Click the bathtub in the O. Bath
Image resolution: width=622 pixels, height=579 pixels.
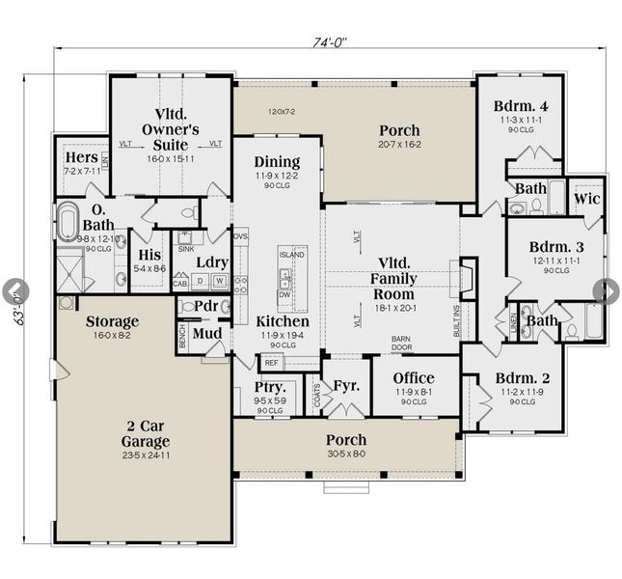pyautogui.click(x=68, y=223)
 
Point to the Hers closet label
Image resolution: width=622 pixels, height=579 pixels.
pyautogui.click(x=80, y=157)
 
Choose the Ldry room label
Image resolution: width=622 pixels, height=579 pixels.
pyautogui.click(x=211, y=262)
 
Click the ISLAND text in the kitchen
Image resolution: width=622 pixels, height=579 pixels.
pyautogui.click(x=292, y=254)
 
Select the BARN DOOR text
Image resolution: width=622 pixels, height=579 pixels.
pyautogui.click(x=402, y=344)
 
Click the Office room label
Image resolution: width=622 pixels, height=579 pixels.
pyautogui.click(x=413, y=377)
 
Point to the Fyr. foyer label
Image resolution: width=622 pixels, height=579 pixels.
pyautogui.click(x=346, y=386)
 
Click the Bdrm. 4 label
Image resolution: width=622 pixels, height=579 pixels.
pyautogui.click(x=523, y=106)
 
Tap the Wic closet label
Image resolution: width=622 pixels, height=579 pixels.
pyautogui.click(x=587, y=198)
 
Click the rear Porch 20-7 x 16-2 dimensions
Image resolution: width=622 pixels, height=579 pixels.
pyautogui.click(x=399, y=144)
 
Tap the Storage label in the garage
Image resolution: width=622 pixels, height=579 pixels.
pyautogui.click(x=112, y=321)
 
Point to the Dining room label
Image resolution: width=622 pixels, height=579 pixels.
pyautogui.click(x=277, y=162)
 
